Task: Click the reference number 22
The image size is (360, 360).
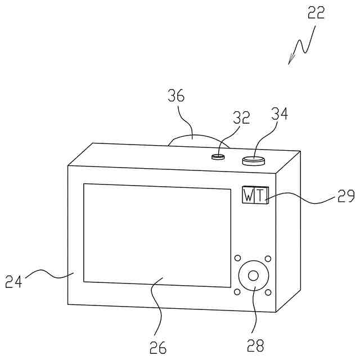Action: coord(316,12)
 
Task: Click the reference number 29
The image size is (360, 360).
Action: coord(346,196)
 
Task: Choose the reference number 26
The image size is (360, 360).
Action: coord(158,347)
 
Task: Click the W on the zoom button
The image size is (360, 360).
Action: coord(249,195)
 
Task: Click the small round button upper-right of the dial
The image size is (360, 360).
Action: coord(268,259)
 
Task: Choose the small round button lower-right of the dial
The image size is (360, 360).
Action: coord(268,292)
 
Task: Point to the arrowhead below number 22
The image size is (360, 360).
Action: coord(291,61)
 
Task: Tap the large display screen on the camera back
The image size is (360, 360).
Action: coord(157,235)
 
